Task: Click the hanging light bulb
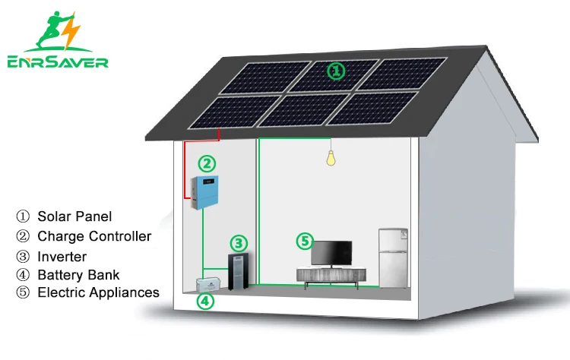tap(331, 158)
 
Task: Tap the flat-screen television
tap(332, 253)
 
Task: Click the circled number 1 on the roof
tap(335, 71)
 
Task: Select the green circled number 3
tap(239, 243)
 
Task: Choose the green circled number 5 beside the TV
tap(303, 242)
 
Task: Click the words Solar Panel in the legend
tap(74, 217)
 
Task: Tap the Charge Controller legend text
tap(94, 237)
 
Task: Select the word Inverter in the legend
tap(62, 257)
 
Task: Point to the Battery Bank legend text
tap(79, 274)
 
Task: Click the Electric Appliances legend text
tap(98, 292)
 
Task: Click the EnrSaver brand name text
tap(58, 63)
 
